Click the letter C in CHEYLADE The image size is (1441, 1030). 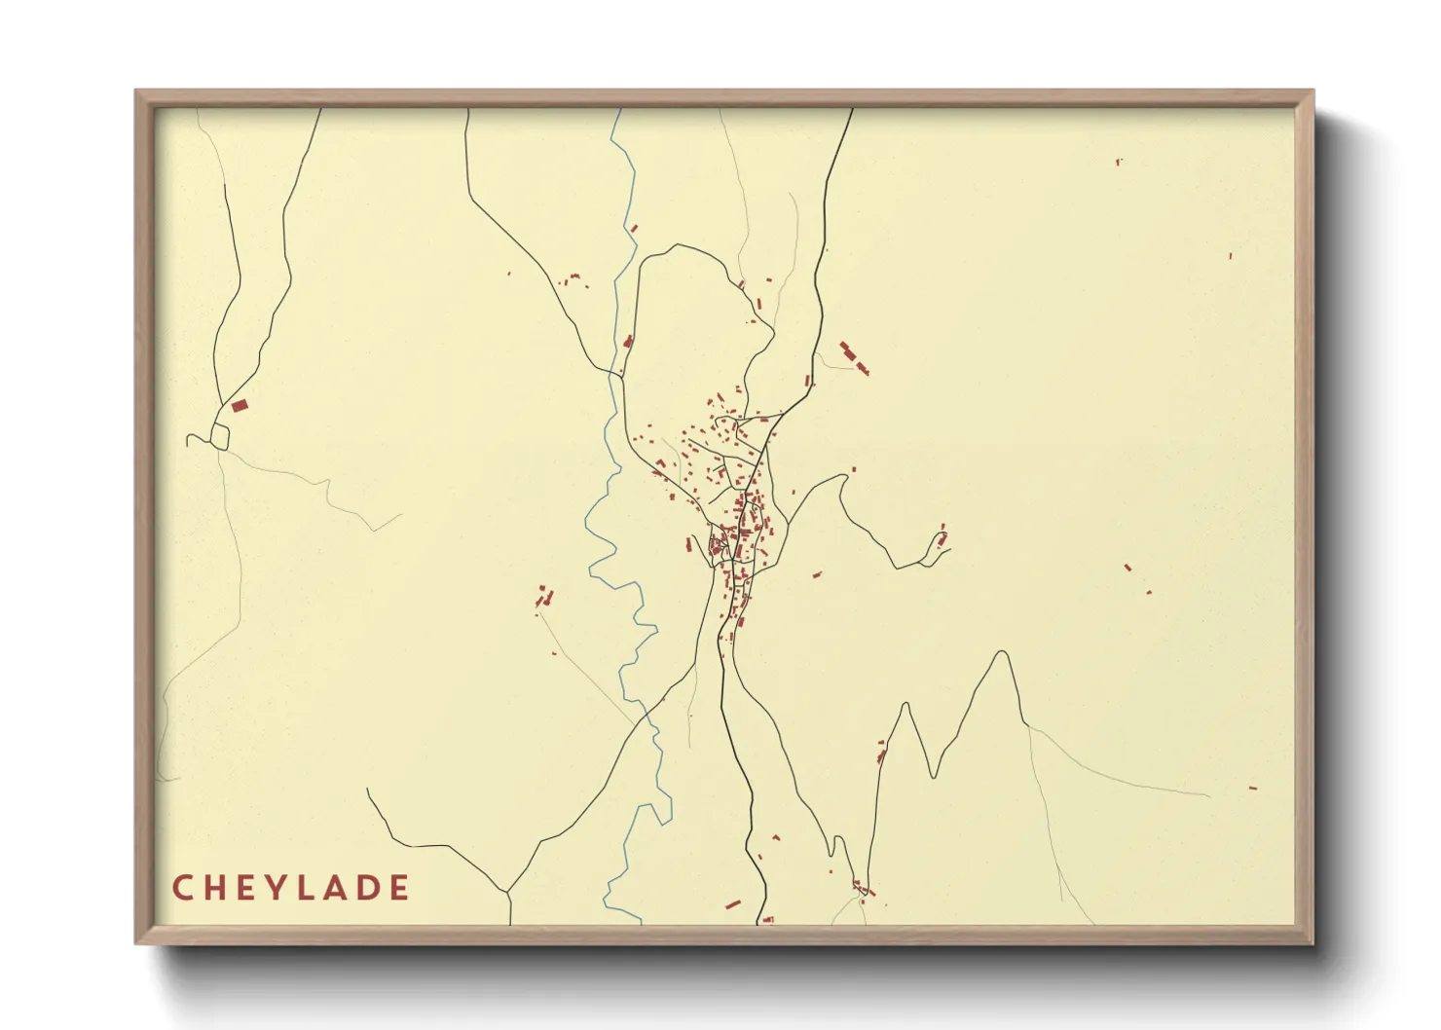click(182, 888)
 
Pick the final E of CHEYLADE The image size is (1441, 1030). click(398, 888)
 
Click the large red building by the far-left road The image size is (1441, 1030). click(240, 404)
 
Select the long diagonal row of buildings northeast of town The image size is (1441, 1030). click(854, 357)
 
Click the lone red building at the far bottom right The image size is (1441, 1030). click(1253, 788)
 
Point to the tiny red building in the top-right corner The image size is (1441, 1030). click(1119, 161)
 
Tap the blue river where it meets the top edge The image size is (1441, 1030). click(617, 111)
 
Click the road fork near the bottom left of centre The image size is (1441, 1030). click(507, 891)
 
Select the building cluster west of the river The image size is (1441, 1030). click(543, 597)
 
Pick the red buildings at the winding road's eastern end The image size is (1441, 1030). click(942, 536)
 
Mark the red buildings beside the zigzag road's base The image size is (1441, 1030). click(882, 751)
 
